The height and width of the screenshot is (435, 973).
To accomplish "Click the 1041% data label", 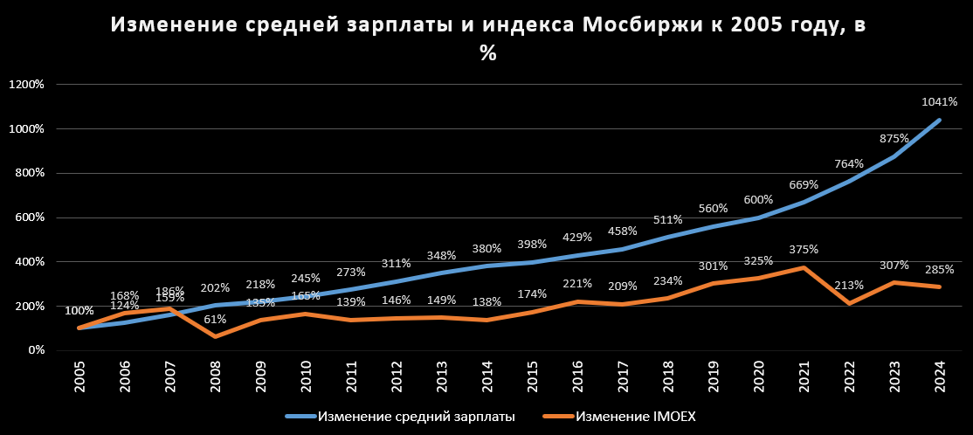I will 940,102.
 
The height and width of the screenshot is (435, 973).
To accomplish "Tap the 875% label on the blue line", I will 894,138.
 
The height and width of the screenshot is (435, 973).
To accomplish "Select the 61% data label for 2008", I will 215,320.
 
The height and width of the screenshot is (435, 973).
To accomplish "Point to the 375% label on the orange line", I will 804,249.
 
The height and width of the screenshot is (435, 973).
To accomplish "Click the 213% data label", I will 849,285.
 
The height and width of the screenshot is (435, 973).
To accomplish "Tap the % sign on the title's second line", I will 486,54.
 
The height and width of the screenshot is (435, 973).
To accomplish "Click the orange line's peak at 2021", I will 804,267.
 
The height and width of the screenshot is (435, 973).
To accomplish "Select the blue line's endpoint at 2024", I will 940,120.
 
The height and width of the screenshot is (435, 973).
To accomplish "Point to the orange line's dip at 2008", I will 215,336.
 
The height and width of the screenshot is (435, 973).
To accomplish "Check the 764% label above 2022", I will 849,163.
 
